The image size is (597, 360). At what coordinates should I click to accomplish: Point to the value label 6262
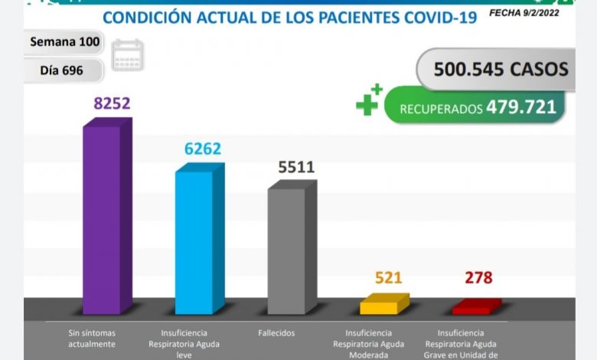202,149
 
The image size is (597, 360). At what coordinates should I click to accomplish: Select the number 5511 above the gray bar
295,166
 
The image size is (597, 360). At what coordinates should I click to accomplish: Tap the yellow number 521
389,278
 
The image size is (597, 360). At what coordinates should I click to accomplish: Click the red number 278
478,278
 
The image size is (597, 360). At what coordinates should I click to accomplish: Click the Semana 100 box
64,42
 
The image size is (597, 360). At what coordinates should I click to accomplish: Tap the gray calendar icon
127,55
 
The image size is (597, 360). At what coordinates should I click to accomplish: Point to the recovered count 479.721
520,107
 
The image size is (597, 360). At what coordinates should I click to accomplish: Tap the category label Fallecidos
277,333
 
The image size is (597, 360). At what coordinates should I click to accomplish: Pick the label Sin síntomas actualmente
91,339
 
